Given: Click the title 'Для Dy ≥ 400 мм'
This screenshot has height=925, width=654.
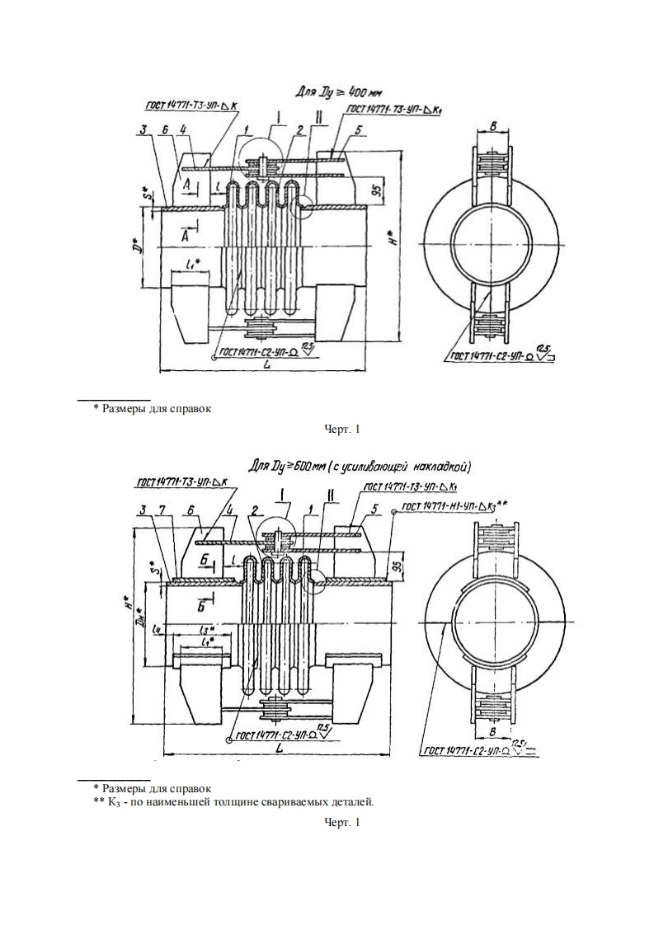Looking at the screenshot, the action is pos(336,92).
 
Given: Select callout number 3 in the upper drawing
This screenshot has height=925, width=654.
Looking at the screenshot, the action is pos(143,130).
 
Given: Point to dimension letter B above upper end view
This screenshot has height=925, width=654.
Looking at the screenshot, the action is pos(492,128).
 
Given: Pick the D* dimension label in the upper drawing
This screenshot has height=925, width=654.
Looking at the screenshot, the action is pos(142,246).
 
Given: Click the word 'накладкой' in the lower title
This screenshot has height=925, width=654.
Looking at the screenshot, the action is pos(435,467).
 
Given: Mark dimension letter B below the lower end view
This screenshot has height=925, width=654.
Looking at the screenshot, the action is pos(492,730).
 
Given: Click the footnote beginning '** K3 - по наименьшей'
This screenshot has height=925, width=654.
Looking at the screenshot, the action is pos(233,801).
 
